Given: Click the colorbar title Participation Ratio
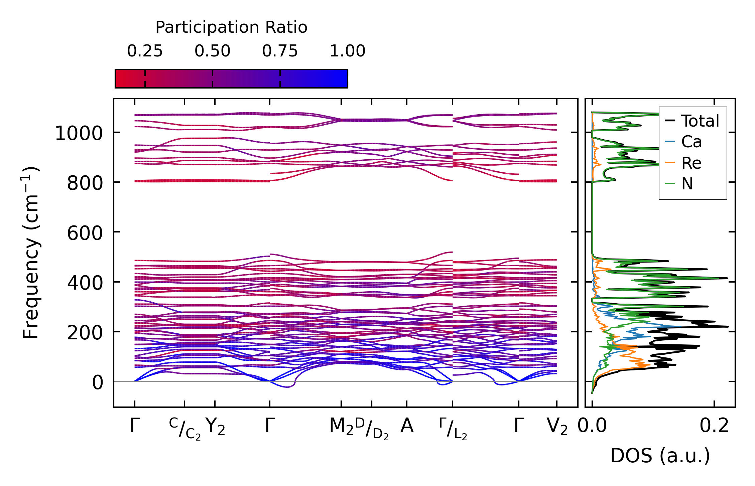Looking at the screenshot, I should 231,27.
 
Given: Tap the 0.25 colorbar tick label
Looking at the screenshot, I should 145,51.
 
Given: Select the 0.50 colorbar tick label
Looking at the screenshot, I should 213,51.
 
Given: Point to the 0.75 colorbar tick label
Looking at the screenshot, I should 280,51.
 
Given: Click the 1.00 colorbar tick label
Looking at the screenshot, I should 348,51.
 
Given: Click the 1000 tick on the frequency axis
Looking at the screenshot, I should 79,134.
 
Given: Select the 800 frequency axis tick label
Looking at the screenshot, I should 85,183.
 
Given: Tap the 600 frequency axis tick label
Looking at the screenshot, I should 85,233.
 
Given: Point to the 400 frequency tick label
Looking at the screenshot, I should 85,283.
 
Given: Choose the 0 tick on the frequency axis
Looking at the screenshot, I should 98,382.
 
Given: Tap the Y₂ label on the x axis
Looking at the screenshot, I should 215,427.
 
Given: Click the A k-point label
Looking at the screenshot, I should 407,426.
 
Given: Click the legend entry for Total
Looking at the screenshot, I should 700,121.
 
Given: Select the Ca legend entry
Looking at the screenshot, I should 691,142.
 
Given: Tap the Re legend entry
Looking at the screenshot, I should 691,163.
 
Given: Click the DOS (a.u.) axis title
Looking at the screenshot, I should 660,456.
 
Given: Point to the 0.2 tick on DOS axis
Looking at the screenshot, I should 714,426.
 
